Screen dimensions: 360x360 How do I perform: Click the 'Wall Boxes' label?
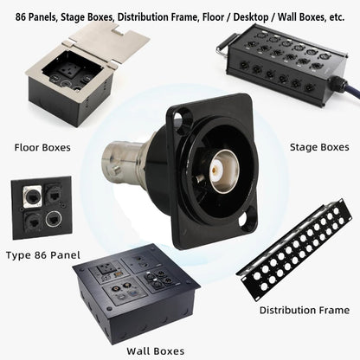(156, 351)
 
